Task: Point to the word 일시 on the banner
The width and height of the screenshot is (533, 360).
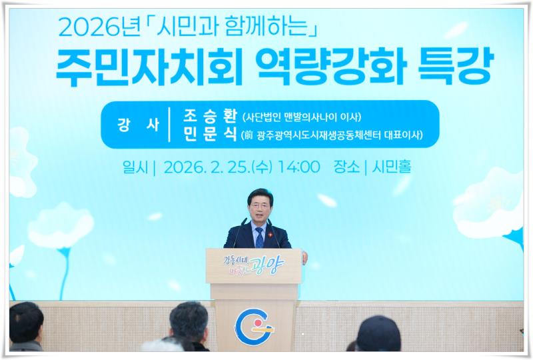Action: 135,167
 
